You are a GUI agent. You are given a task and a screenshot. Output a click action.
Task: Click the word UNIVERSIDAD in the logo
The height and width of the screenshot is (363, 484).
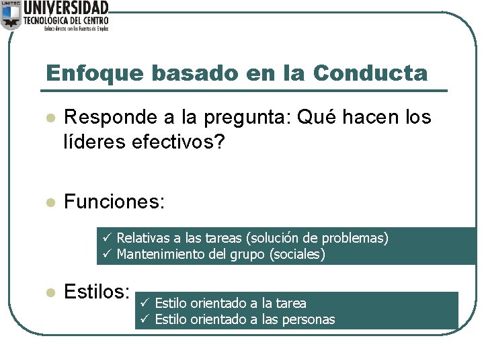tap(65, 8)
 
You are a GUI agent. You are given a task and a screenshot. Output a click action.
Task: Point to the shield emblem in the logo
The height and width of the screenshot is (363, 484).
tap(10, 15)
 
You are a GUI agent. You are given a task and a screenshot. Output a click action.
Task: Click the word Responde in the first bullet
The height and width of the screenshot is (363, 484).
tap(110, 118)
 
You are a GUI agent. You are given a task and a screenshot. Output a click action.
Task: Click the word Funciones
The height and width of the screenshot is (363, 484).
tap(114, 201)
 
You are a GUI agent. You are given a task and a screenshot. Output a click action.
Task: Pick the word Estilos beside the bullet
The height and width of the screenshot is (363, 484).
tap(97, 291)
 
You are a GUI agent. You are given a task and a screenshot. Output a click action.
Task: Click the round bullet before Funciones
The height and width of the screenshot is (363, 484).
tap(48, 202)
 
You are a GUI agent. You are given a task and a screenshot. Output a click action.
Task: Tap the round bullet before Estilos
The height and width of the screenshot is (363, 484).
tap(48, 292)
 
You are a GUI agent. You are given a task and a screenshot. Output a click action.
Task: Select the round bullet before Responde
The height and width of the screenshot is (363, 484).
tap(48, 118)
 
